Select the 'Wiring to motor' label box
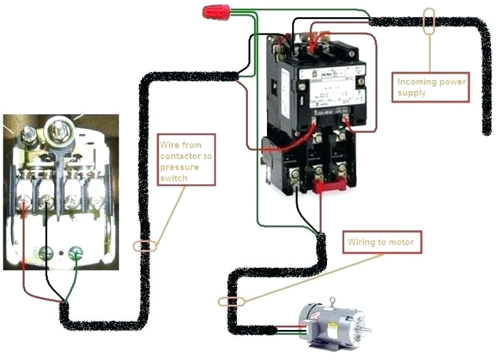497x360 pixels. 380,243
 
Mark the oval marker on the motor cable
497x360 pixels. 231,301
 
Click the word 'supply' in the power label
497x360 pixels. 412,93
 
